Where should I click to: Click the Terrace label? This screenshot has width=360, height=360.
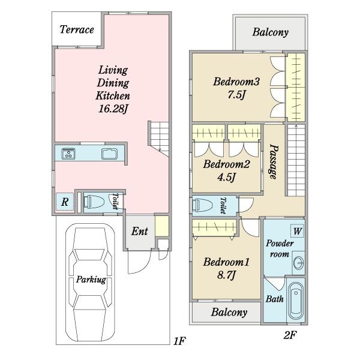(77, 29)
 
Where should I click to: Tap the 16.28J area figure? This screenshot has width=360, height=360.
(113, 109)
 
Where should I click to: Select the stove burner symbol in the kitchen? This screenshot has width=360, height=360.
(68, 154)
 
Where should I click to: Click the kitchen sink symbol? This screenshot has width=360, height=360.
(110, 154)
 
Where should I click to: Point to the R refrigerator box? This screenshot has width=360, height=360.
(65, 202)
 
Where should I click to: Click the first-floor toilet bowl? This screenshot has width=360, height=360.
(94, 202)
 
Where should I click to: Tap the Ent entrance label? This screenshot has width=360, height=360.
(140, 231)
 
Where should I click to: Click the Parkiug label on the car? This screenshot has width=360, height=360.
(91, 280)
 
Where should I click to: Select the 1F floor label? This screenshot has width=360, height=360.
(179, 341)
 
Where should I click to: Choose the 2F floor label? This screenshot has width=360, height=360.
(290, 335)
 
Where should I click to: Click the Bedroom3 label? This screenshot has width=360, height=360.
(236, 82)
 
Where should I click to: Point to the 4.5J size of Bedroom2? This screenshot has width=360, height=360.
(226, 177)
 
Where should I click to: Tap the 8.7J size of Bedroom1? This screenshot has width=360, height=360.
(226, 275)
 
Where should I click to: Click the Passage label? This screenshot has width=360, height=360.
(274, 161)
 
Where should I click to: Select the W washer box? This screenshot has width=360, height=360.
(298, 231)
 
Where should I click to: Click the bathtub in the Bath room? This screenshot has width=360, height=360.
(296, 301)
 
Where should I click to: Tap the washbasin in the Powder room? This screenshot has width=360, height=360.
(299, 263)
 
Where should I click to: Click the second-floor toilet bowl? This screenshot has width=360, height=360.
(203, 205)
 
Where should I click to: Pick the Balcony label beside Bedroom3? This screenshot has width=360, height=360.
(271, 32)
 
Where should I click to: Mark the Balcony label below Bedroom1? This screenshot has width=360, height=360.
(229, 312)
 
